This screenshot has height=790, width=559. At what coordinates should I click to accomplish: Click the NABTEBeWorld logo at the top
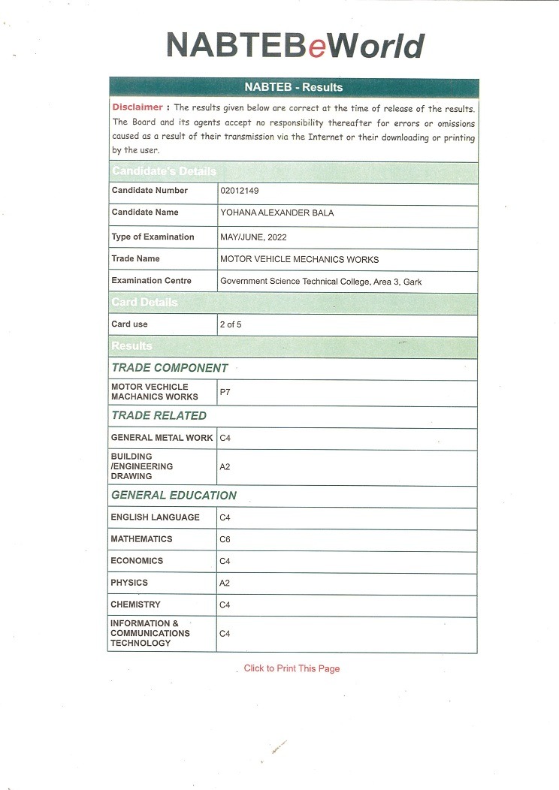[x=295, y=46]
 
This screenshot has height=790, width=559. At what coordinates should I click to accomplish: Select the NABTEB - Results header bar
[x=293, y=88]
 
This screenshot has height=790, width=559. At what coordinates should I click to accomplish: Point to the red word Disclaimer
[x=137, y=107]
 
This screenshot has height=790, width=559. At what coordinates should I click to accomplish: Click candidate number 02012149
[x=241, y=191]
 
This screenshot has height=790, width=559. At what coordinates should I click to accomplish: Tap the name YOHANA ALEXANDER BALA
[x=276, y=213]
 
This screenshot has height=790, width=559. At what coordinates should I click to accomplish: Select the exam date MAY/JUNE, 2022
[x=253, y=237]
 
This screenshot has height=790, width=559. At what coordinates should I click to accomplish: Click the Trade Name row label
[x=135, y=259]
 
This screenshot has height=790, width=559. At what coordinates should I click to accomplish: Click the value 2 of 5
[x=231, y=325]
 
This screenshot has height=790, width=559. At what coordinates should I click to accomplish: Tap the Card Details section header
[x=145, y=303]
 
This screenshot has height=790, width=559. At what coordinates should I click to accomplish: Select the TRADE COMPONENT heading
[x=169, y=368]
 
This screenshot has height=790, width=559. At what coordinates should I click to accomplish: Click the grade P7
[x=225, y=392]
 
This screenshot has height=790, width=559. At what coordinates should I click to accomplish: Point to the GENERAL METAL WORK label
[x=162, y=438]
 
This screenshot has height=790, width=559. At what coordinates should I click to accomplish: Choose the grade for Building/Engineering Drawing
[x=225, y=467]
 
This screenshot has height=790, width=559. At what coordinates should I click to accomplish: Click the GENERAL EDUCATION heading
[x=174, y=496]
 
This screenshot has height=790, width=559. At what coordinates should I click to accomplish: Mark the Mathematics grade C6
[x=225, y=539]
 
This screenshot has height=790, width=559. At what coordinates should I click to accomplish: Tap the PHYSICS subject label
[x=129, y=583]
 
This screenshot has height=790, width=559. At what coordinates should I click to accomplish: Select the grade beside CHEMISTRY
[x=225, y=605]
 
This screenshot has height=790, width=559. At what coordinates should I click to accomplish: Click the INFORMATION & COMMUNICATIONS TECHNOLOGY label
[x=150, y=633]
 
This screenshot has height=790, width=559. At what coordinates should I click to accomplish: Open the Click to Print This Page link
[x=292, y=668]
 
